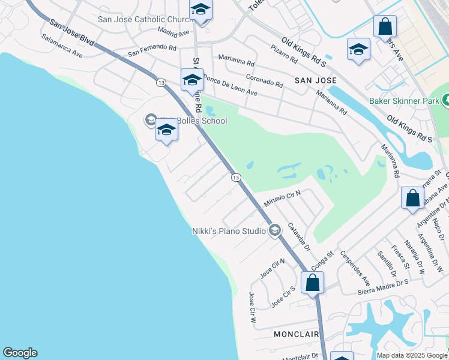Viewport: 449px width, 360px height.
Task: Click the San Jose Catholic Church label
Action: [x=143, y=19]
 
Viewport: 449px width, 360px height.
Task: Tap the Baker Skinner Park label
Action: [x=404, y=101]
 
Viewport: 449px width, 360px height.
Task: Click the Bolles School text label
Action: [x=198, y=121]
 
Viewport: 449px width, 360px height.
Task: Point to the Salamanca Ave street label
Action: [x=62, y=45]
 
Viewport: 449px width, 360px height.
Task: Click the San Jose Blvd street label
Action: [x=71, y=33]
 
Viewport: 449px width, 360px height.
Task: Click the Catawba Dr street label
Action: [x=298, y=237]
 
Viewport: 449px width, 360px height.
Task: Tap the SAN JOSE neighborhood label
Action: [x=315, y=80]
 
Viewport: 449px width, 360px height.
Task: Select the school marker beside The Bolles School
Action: [x=166, y=130]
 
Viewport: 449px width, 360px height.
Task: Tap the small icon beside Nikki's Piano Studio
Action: [x=275, y=230]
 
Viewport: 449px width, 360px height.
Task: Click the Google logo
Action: [x=20, y=353]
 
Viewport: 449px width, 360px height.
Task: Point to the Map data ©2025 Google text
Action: [x=411, y=355]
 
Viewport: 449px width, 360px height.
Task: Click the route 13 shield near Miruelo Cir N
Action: [x=236, y=178]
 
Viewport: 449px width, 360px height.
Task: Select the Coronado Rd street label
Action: [x=264, y=80]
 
